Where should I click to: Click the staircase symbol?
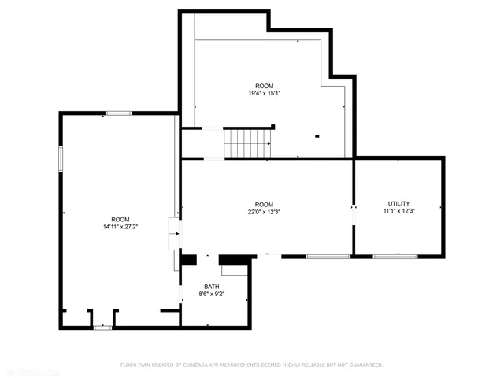248,143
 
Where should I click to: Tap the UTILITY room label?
398,203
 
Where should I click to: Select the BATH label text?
212,287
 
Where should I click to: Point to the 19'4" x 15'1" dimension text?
265,93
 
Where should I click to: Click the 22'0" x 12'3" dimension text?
265,210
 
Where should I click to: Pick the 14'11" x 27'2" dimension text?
120,227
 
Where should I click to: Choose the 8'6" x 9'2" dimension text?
212,295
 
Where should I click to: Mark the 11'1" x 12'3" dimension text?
398,211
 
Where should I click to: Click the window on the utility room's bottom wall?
395,256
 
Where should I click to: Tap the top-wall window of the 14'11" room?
119,113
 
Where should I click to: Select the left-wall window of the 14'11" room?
61,158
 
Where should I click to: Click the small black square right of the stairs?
317,135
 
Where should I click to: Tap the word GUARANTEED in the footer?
364,365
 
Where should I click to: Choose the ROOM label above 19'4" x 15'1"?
265,85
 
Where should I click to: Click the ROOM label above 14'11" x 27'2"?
120,219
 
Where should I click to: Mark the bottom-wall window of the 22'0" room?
328,256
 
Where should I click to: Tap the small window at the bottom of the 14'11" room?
102,328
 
